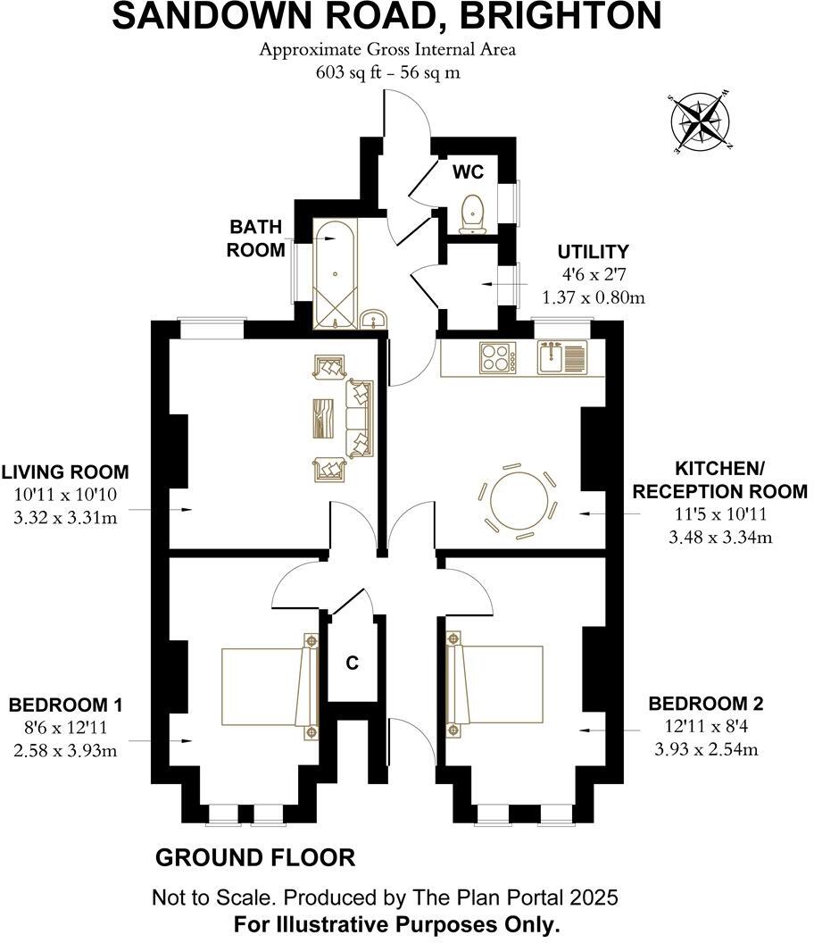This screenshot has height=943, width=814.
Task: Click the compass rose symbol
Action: pos(701,122)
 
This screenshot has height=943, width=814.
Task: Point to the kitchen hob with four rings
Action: pos(498,357)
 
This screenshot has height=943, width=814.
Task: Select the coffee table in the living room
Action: pos(323,419)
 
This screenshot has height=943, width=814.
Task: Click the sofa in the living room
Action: pos(359,419)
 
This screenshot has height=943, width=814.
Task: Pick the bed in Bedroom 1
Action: pos(270,686)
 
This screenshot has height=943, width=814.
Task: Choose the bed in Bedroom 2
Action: pos(494,684)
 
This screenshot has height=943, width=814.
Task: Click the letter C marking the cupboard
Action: pos(353,663)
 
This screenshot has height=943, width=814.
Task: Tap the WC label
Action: pos(468,172)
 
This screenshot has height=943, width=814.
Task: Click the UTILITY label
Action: pos(593,252)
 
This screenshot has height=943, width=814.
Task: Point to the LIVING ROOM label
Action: pos(65,472)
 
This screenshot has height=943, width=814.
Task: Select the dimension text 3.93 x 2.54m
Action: pos(706,749)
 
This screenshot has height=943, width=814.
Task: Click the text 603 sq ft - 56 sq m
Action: pos(387,72)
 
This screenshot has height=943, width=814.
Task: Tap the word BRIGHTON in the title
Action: pos(561,16)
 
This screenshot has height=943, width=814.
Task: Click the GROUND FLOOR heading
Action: pos(255,857)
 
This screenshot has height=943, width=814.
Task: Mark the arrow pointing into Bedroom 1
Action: pos(161,741)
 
